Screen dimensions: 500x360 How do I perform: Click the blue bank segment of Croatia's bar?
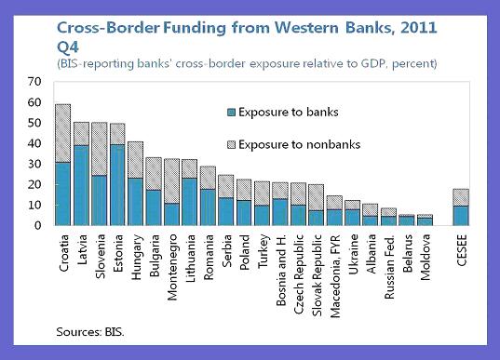tap(62, 194)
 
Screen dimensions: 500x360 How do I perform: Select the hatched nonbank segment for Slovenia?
tap(100, 149)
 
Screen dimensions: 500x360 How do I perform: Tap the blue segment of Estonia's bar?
tap(117, 185)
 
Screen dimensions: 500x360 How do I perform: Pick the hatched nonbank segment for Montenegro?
tap(171, 181)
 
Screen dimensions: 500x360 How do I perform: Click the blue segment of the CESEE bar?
tap(461, 216)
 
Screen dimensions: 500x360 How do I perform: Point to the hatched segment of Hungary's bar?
tap(136, 160)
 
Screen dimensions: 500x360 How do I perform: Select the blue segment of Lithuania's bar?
tap(189, 202)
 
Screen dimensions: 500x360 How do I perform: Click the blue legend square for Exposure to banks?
tap(231, 113)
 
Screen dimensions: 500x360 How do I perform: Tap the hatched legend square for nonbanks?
tap(231, 144)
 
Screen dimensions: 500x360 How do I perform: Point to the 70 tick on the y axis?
tap(34, 82)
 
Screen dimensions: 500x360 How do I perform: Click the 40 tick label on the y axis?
tap(34, 143)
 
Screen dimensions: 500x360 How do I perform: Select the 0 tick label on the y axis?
tap(37, 225)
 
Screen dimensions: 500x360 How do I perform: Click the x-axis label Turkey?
tap(264, 251)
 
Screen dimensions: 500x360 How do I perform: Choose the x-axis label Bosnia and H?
tap(281, 270)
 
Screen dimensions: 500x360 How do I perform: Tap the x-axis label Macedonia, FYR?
tap(335, 276)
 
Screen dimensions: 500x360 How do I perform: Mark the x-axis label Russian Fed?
tap(389, 267)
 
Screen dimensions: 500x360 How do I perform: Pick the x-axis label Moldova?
tap(426, 257)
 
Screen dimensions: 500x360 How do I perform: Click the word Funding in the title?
tap(195, 28)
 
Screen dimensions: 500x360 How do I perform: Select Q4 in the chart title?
tap(68, 47)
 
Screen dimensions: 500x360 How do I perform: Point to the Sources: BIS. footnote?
tap(90, 332)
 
